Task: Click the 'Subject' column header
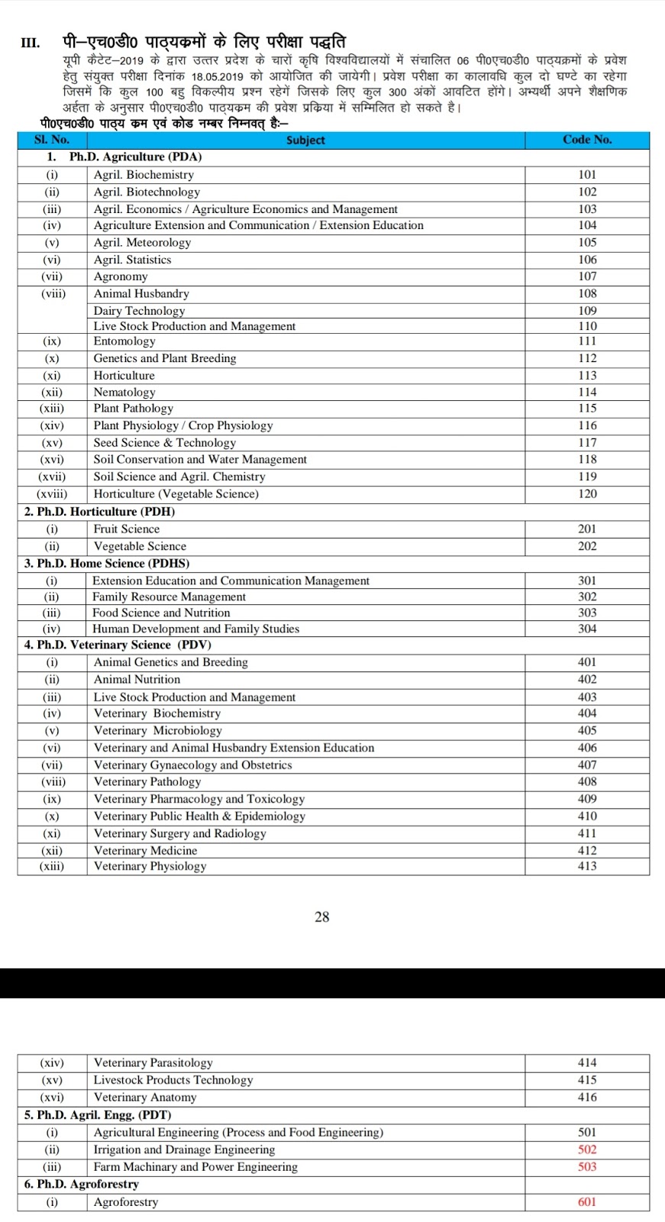click(x=305, y=140)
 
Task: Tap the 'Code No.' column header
click(x=587, y=139)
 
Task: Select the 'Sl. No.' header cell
click(x=52, y=139)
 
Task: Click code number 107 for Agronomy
click(x=587, y=276)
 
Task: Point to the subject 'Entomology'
click(x=124, y=341)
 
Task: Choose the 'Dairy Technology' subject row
click(x=139, y=311)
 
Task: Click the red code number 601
click(x=587, y=1201)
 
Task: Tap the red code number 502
click(x=587, y=1149)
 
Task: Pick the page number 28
click(x=322, y=916)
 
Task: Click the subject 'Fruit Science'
click(x=127, y=529)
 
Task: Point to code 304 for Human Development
click(x=587, y=629)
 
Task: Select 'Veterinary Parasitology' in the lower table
click(x=153, y=1062)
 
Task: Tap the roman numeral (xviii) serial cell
click(x=52, y=493)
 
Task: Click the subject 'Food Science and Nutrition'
click(x=161, y=613)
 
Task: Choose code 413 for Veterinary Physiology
click(x=587, y=866)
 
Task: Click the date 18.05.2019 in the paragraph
click(x=217, y=76)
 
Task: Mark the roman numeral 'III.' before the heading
click(x=31, y=43)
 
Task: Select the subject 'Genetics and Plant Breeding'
click(x=165, y=358)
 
